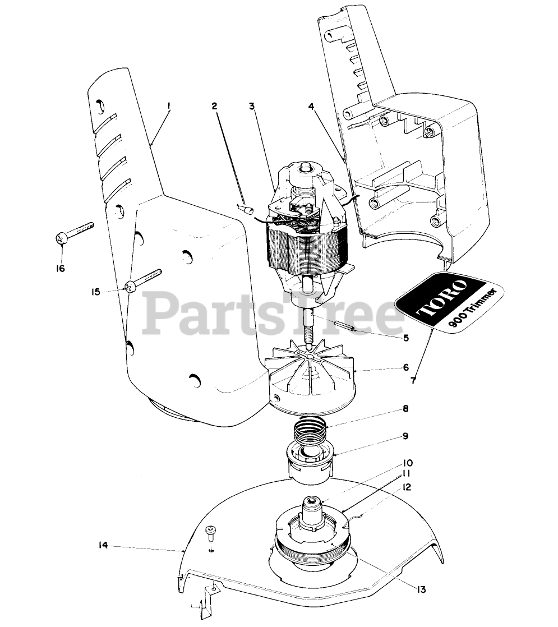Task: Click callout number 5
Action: (x=406, y=338)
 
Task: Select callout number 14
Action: (x=103, y=545)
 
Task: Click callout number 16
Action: (x=60, y=268)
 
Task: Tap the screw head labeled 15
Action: (x=130, y=287)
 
